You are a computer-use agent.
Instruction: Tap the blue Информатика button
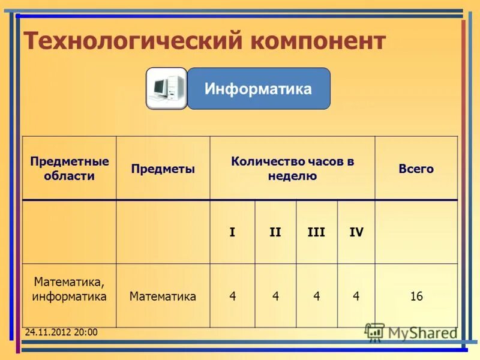(259, 89)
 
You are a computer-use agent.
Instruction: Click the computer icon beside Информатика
(166, 89)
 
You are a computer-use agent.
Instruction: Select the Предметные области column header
(70, 169)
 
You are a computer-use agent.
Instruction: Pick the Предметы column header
(163, 169)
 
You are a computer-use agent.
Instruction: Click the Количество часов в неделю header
(292, 169)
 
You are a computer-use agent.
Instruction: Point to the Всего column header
(416, 169)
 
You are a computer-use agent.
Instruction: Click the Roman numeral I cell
(232, 232)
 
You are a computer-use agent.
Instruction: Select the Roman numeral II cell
(275, 232)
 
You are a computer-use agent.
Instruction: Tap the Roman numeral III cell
(316, 232)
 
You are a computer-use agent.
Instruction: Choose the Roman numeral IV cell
(356, 232)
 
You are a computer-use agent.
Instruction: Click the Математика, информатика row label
(70, 289)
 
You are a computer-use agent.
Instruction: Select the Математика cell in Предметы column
(163, 296)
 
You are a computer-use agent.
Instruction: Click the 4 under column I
(233, 296)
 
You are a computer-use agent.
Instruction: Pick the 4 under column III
(316, 296)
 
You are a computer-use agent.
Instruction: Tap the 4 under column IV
(356, 296)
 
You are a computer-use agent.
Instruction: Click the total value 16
(416, 296)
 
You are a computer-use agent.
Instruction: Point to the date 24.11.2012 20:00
(61, 332)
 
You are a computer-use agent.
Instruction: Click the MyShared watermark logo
(410, 332)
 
